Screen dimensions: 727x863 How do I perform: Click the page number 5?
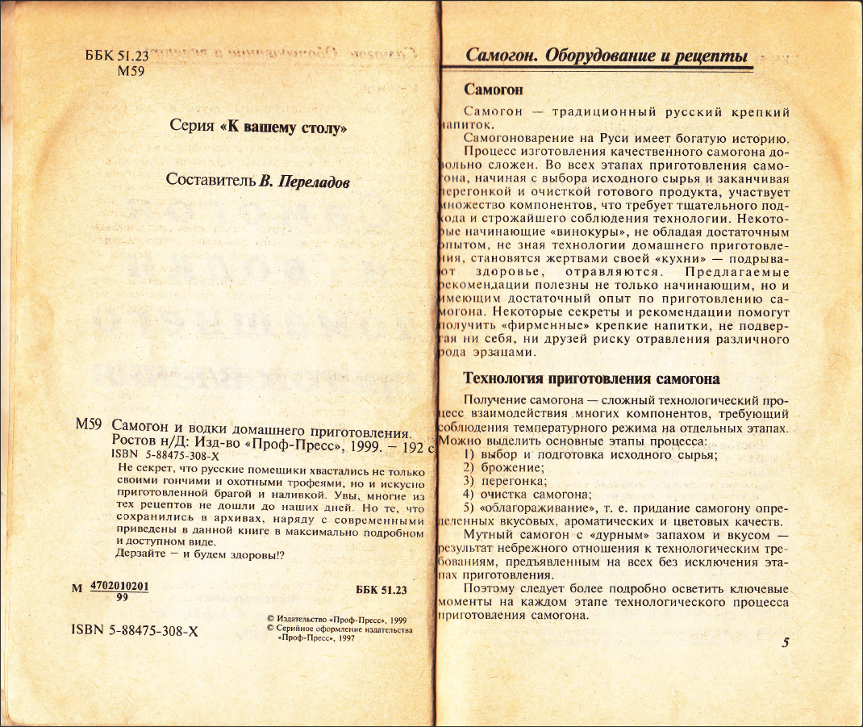tap(786, 642)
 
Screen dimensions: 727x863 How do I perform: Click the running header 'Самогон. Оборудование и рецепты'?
tap(607, 56)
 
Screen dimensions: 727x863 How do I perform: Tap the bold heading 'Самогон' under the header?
tap(494, 89)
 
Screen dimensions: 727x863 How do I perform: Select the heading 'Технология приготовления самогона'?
tap(591, 378)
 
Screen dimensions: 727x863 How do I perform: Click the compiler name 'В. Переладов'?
tap(304, 181)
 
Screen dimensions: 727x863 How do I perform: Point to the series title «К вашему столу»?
tap(283, 127)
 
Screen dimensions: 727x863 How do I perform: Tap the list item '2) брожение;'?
tap(504, 467)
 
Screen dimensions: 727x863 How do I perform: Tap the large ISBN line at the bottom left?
tap(135, 631)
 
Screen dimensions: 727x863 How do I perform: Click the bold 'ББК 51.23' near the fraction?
tap(381, 591)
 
